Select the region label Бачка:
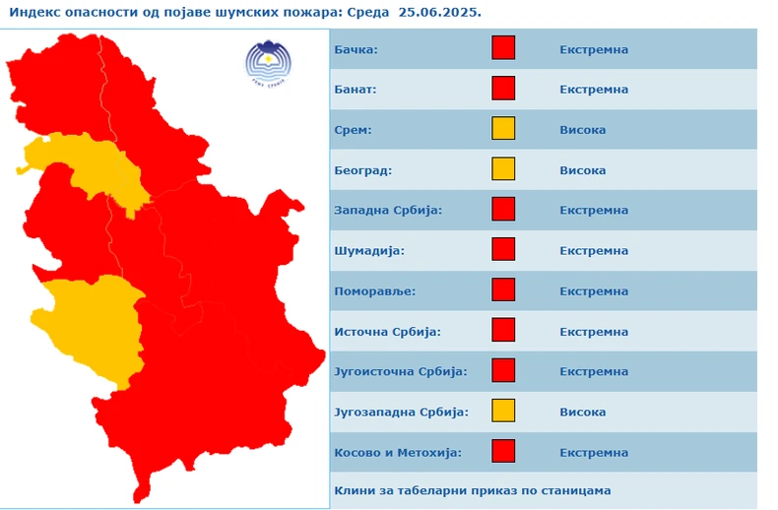(x=356, y=49)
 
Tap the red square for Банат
(x=503, y=89)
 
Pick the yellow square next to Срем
(x=503, y=129)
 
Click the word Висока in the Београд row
(x=582, y=170)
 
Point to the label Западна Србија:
(x=388, y=210)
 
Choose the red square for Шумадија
(x=503, y=250)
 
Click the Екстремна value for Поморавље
(x=594, y=291)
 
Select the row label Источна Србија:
(x=387, y=332)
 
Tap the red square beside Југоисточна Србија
(x=503, y=371)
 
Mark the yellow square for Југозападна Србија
(x=503, y=412)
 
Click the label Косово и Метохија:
(x=397, y=453)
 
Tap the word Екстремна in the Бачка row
(x=594, y=49)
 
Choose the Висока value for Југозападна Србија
(x=582, y=413)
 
